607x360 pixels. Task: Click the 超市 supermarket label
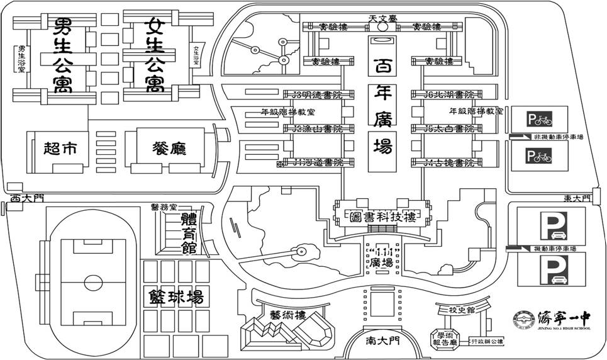60,149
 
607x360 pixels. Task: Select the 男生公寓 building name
62,55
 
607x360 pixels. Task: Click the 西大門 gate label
25,198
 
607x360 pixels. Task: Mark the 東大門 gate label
577,198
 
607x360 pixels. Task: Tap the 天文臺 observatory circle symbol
382,27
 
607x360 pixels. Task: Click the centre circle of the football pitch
92,280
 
